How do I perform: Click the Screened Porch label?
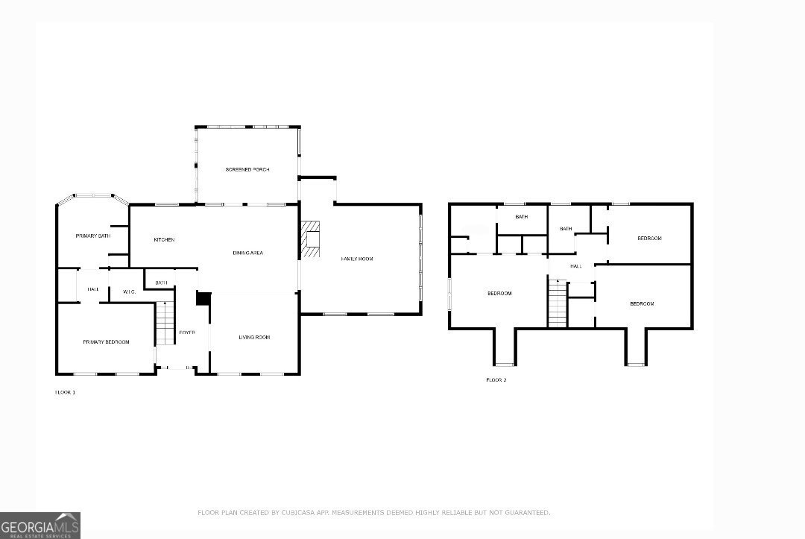pos(247,170)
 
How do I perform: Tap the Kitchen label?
pos(164,239)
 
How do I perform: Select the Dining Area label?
pos(247,253)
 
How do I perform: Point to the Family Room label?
pos(356,259)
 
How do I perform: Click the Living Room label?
pos(254,338)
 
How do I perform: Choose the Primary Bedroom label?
pos(106,342)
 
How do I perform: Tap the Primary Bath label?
pos(92,236)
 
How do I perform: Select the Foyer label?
pos(186,332)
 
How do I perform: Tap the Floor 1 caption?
pos(65,392)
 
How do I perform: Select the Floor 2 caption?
pos(496,380)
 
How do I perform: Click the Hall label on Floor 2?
pos(575,266)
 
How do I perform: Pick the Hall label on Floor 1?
pos(93,289)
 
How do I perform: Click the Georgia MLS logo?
pos(40,526)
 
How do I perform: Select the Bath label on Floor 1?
pos(161,283)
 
